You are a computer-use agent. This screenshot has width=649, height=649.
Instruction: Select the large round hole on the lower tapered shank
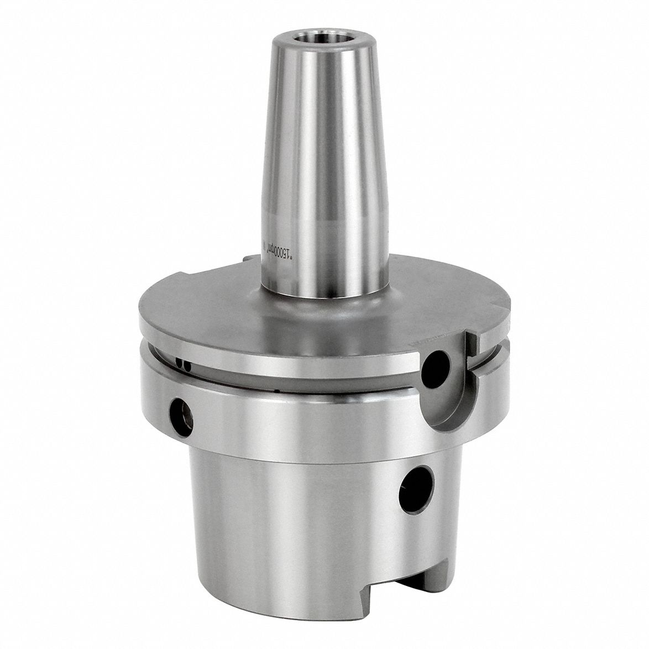[416, 489]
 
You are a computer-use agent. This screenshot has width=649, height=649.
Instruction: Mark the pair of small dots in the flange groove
[183, 363]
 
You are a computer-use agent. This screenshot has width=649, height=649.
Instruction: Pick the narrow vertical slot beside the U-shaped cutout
[471, 354]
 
